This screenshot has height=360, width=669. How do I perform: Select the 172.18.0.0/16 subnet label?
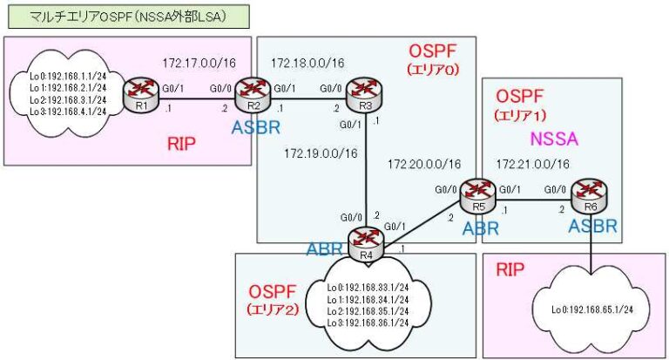tap(307, 63)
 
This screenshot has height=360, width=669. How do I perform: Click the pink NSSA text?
tap(554, 138)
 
